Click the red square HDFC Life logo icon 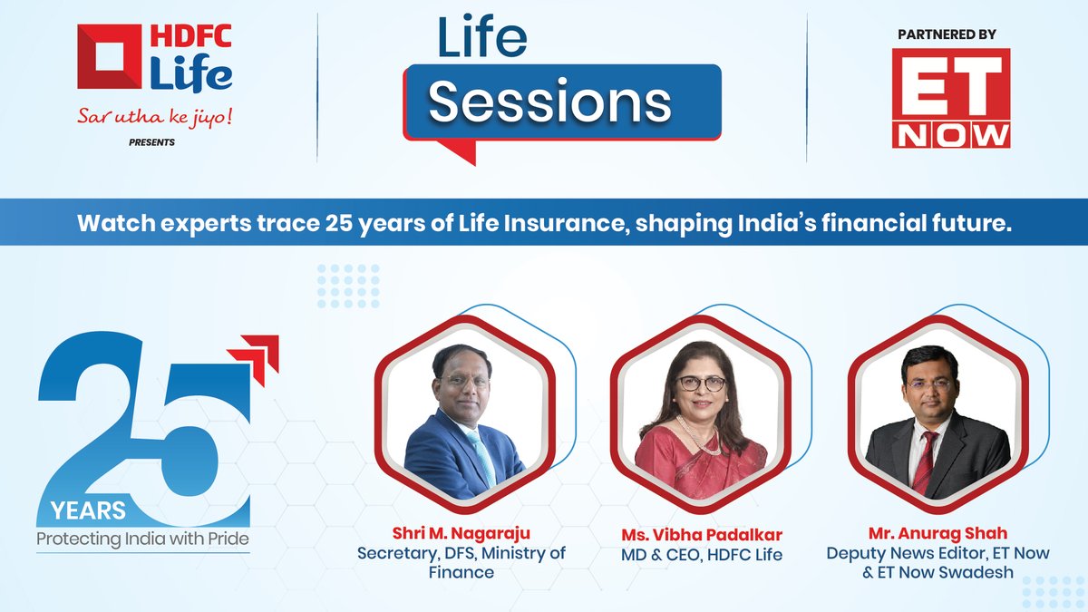pyautogui.click(x=110, y=56)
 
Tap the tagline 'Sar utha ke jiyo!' pyautogui.click(x=154, y=117)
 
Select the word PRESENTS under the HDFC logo pyautogui.click(x=151, y=142)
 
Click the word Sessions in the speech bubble pyautogui.click(x=549, y=102)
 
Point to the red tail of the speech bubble pyautogui.click(x=458, y=151)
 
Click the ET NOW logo pyautogui.click(x=951, y=98)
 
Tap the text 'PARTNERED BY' pyautogui.click(x=947, y=34)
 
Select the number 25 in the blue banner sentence pyautogui.click(x=339, y=223)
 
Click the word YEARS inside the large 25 pyautogui.click(x=88, y=511)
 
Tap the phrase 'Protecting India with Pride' pyautogui.click(x=143, y=539)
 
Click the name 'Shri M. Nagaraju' pyautogui.click(x=461, y=533)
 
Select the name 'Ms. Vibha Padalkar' pyautogui.click(x=702, y=535)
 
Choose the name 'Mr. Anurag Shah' pyautogui.click(x=937, y=533)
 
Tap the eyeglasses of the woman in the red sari pyautogui.click(x=702, y=384)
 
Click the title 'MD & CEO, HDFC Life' pyautogui.click(x=702, y=555)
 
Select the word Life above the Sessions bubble pyautogui.click(x=482, y=37)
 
